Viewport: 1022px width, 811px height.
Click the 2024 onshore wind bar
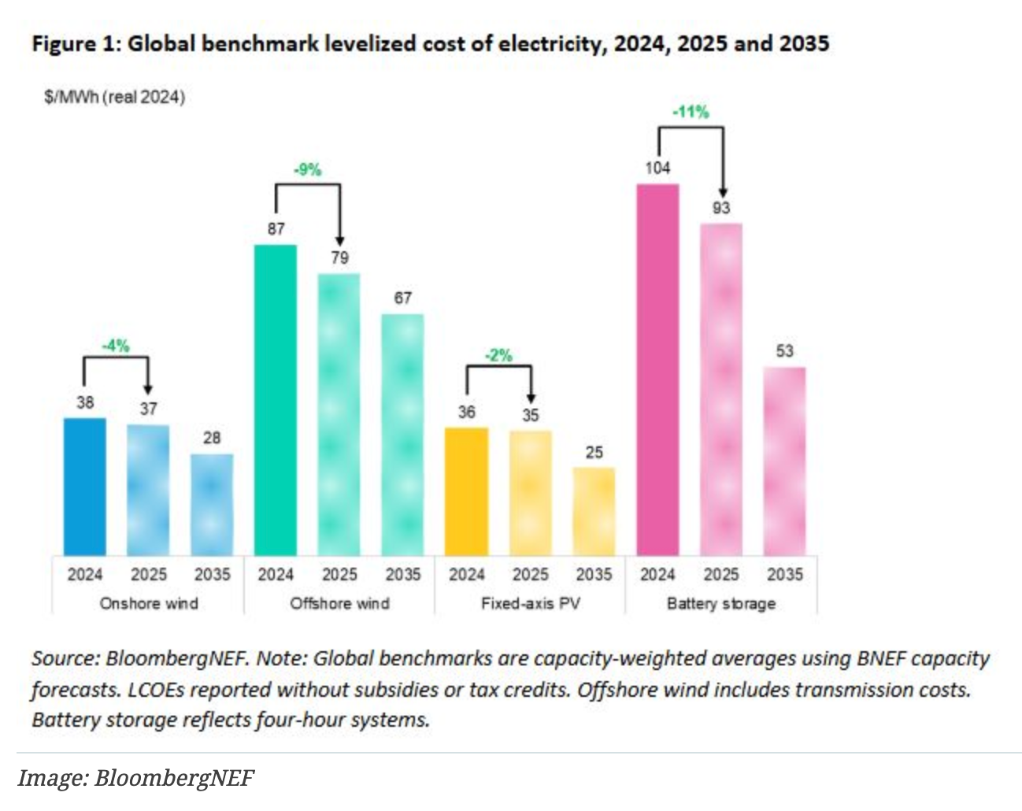coord(84,486)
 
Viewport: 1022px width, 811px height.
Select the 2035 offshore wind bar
coord(402,434)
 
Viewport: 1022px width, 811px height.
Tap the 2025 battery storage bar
coord(721,389)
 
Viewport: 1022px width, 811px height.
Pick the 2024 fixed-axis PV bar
coord(466,491)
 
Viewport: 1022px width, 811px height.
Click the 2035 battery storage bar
coord(784,461)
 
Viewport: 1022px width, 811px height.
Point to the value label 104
coord(657,168)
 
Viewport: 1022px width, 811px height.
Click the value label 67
coord(402,298)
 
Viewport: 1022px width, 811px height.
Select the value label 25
coord(594,453)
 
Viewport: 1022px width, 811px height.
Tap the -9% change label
coord(307,169)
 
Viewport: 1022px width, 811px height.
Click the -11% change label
coord(691,112)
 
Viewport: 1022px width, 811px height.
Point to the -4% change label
coord(116,345)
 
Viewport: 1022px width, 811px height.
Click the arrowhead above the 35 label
coord(531,398)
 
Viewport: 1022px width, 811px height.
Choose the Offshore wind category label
coord(339,603)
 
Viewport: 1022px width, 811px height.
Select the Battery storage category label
coord(721,603)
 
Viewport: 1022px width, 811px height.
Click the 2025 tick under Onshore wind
coord(149,575)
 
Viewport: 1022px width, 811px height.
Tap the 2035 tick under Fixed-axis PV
coord(594,575)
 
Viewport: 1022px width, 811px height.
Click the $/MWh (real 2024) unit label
coord(115,97)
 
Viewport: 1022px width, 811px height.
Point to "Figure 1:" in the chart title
coord(76,43)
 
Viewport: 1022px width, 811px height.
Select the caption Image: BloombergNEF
coord(135,778)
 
